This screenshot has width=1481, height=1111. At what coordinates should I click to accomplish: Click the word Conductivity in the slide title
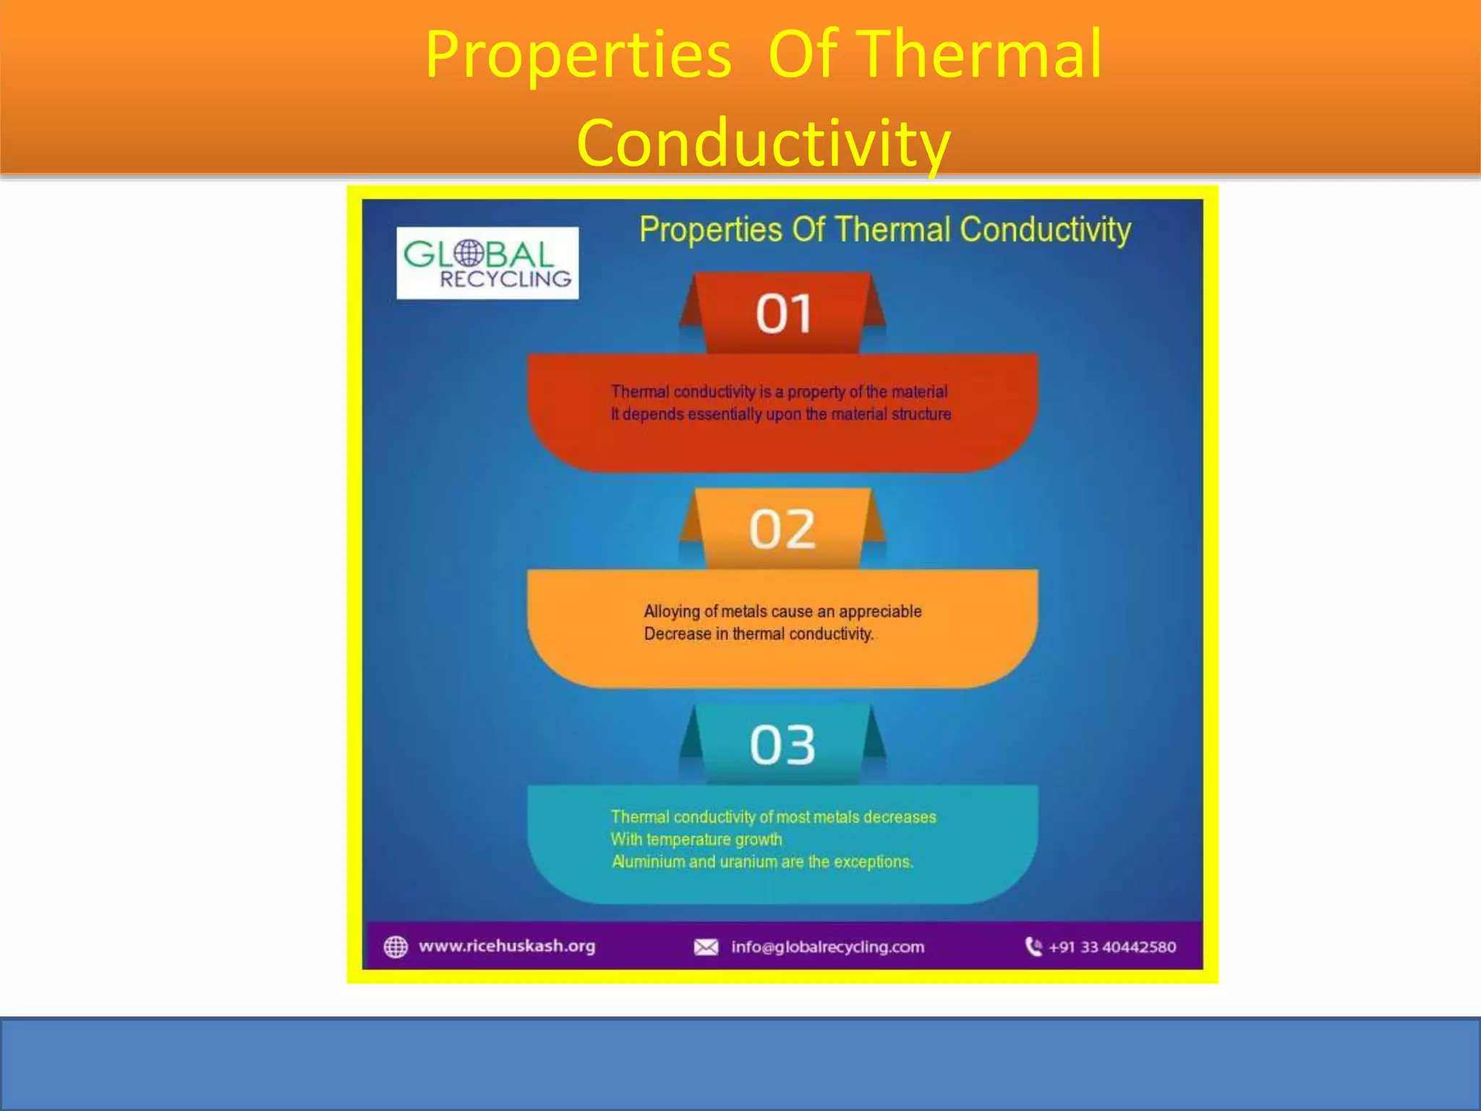click(x=764, y=142)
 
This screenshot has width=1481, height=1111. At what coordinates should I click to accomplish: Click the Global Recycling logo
click(x=487, y=263)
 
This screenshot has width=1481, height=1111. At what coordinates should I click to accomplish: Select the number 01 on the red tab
click(x=783, y=314)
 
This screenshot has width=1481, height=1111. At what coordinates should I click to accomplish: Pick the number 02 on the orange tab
click(x=782, y=529)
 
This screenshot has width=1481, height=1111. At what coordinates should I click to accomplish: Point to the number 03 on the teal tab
click(x=782, y=745)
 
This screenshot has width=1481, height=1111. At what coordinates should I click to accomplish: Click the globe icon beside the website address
click(x=396, y=947)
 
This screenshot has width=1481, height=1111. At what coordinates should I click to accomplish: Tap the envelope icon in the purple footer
click(x=706, y=947)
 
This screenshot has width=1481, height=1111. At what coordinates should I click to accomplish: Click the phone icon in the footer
click(x=1033, y=946)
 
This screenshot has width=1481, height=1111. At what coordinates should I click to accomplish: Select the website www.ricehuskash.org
click(x=507, y=946)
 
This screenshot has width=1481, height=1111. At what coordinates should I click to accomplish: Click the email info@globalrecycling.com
click(x=827, y=947)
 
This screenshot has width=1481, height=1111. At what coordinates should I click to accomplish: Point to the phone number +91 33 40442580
click(x=1112, y=947)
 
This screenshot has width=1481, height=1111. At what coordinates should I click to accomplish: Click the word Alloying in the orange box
click(x=672, y=612)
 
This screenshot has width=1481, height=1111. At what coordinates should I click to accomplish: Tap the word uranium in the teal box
click(x=748, y=862)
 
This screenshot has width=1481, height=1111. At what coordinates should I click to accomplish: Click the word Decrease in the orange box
click(x=678, y=634)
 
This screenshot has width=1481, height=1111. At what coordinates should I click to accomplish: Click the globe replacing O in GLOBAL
click(x=469, y=253)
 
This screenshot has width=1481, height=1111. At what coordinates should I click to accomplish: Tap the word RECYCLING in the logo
click(x=505, y=279)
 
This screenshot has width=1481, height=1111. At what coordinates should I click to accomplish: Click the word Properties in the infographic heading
click(x=711, y=230)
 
